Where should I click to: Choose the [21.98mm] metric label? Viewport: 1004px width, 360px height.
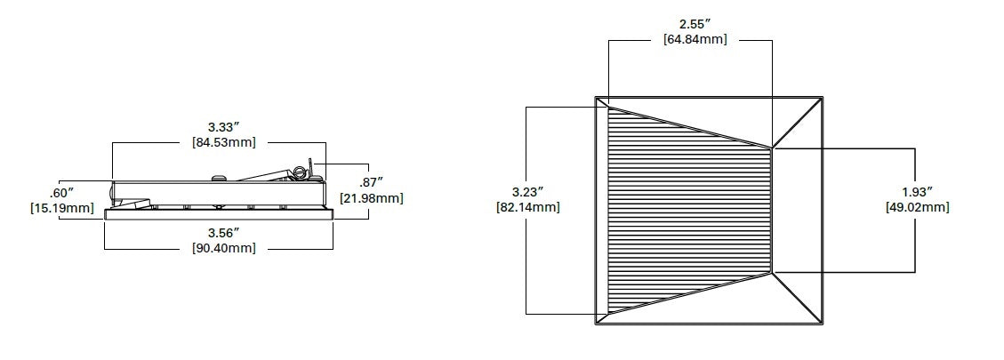372,197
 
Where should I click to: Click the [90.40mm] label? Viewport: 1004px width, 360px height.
224,248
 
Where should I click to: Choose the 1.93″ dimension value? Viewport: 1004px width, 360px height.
916,191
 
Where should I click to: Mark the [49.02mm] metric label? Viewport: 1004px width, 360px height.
916,207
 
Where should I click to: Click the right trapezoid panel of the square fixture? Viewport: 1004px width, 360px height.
797,210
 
